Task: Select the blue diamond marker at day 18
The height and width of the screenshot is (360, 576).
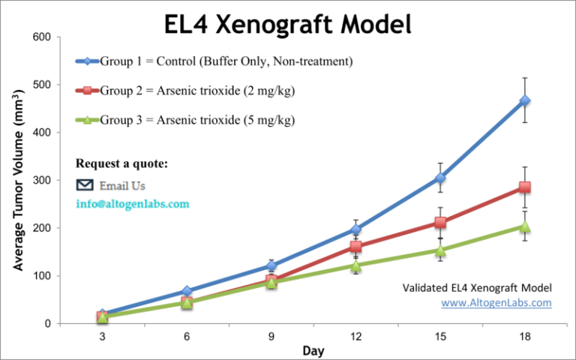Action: (x=525, y=100)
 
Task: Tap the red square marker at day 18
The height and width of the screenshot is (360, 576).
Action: (x=525, y=187)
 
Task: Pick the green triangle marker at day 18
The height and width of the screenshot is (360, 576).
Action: (x=525, y=226)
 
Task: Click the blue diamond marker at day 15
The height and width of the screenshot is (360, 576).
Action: (x=440, y=178)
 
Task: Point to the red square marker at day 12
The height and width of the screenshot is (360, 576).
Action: (x=355, y=246)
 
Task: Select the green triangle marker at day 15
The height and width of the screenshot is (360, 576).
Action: (x=440, y=250)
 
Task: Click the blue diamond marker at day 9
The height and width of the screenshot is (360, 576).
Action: (x=271, y=265)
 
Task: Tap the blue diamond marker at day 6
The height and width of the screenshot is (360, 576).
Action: (x=187, y=291)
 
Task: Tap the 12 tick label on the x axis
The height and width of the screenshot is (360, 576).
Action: (x=355, y=337)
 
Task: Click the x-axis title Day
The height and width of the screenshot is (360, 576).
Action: (x=313, y=350)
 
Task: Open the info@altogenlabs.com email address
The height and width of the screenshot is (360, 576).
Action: (x=133, y=204)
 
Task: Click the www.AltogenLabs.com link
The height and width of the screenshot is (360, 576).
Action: (x=496, y=303)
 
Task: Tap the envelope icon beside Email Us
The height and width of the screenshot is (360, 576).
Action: (x=85, y=185)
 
